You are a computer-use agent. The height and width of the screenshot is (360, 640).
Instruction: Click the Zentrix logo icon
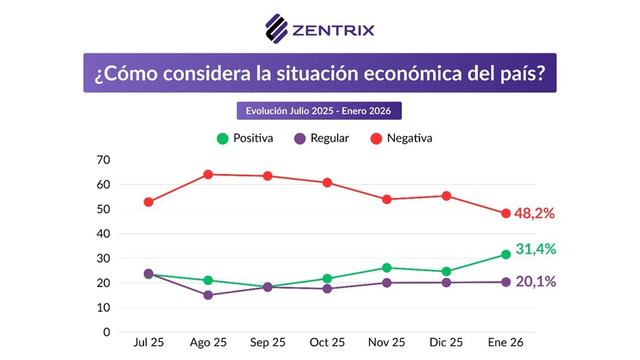click(x=276, y=28)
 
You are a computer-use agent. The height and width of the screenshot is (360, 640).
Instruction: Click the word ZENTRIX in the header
click(x=334, y=29)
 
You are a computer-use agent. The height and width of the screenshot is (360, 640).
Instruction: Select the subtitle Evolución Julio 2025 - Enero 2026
click(x=319, y=111)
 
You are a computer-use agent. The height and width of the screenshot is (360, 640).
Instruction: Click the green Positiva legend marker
click(x=222, y=138)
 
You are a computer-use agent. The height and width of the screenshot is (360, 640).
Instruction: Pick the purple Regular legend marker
click(x=300, y=138)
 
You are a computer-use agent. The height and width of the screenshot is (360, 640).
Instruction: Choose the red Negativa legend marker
click(x=376, y=138)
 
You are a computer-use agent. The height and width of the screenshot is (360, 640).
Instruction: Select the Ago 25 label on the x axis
click(x=208, y=343)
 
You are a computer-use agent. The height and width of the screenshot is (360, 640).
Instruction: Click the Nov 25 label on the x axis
click(x=387, y=343)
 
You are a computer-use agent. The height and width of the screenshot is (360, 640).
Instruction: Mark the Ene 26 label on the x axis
click(x=506, y=343)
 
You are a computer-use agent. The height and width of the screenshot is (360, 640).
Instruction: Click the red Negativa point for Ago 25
click(x=208, y=174)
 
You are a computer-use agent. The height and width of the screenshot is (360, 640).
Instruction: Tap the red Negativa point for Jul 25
click(x=148, y=202)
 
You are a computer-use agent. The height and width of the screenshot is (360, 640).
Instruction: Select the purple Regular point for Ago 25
click(x=208, y=295)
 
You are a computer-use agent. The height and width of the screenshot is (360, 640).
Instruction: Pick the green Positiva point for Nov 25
click(x=387, y=268)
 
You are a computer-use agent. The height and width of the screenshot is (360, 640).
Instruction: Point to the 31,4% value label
click(x=535, y=249)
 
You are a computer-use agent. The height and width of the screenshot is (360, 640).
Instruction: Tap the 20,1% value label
click(x=535, y=282)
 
